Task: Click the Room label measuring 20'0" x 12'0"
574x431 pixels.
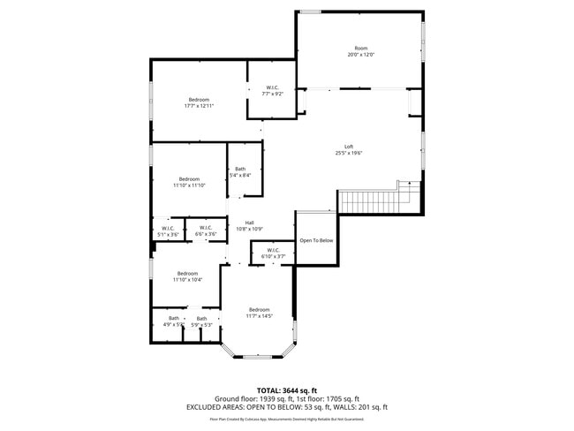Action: click(x=360, y=51)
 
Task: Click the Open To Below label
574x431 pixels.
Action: click(x=316, y=240)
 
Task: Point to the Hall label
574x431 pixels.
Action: click(x=250, y=225)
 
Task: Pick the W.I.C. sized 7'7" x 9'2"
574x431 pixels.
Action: click(x=272, y=90)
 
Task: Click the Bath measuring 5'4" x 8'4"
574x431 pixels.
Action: click(x=240, y=171)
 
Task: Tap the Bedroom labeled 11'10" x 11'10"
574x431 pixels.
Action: click(x=189, y=182)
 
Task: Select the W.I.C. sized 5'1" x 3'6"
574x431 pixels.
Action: click(x=169, y=231)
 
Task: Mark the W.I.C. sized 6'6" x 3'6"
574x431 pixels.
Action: click(x=205, y=231)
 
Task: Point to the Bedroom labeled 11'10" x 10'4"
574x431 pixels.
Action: click(x=187, y=276)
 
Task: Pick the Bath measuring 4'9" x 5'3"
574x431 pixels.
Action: click(x=173, y=321)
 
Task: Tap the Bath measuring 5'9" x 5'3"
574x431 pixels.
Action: click(x=201, y=321)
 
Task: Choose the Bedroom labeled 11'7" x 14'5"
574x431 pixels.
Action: click(x=259, y=312)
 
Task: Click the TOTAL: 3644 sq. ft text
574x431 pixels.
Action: click(x=287, y=389)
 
